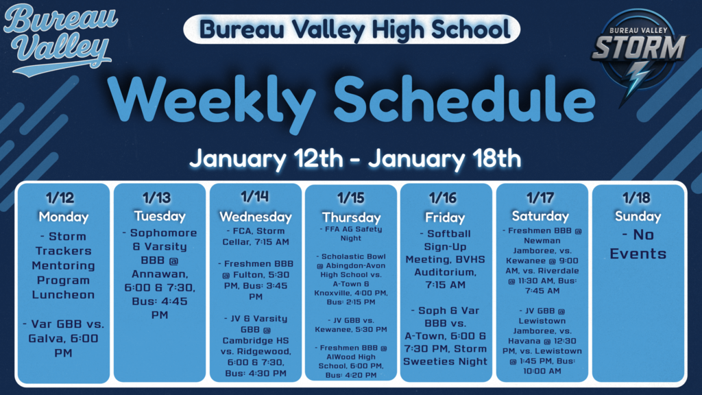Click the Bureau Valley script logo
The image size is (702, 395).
pyautogui.click(x=60, y=40)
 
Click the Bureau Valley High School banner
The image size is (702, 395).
pyautogui.click(x=351, y=29)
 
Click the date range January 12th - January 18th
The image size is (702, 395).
pyautogui.click(x=355, y=159)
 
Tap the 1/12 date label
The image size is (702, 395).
pyautogui.click(x=63, y=198)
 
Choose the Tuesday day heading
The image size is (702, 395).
pyautogui.click(x=160, y=215)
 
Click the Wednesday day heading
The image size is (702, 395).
pyautogui.click(x=255, y=217)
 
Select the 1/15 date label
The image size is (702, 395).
pyautogui.click(x=351, y=198)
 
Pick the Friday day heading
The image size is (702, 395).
pyautogui.click(x=446, y=217)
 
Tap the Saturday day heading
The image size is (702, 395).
pyautogui.click(x=542, y=216)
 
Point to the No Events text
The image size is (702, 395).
pyautogui.click(x=638, y=244)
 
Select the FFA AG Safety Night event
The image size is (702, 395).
pyautogui.click(x=351, y=233)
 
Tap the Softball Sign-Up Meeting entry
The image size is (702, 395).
pyautogui.click(x=446, y=259)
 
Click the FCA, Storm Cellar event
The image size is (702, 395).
pyautogui.click(x=255, y=236)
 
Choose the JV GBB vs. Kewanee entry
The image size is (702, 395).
pyautogui.click(x=351, y=324)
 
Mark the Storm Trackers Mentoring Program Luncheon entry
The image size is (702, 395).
pyautogui.click(x=63, y=265)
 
